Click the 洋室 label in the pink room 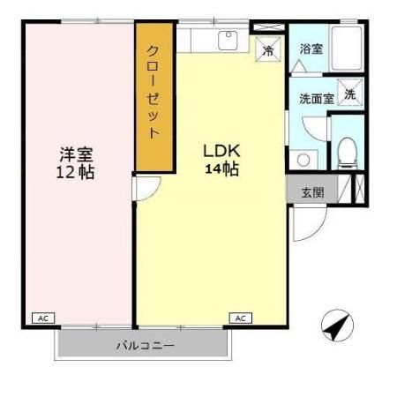(x=73, y=153)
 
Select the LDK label (x=221, y=151)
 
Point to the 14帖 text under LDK (x=221, y=169)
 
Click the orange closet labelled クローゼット (x=154, y=95)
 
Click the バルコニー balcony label (x=146, y=345)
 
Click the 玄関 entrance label (x=312, y=191)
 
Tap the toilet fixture (x=347, y=153)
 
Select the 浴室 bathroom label (x=311, y=49)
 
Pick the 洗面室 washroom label (x=316, y=99)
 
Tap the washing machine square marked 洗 (x=350, y=95)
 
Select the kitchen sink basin (x=228, y=41)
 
